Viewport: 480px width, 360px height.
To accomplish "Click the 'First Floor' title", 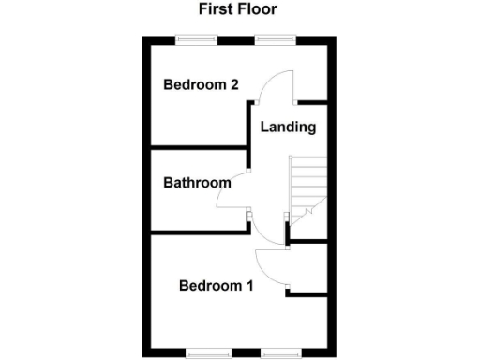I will click(x=237, y=10).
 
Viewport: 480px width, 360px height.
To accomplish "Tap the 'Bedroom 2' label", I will click(x=201, y=84).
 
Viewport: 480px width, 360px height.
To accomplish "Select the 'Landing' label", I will click(x=288, y=127).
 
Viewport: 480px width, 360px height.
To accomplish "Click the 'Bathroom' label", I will click(x=197, y=183).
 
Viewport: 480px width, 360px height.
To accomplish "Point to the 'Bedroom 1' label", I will click(x=217, y=286).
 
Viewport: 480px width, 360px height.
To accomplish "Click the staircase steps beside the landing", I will click(x=307, y=187).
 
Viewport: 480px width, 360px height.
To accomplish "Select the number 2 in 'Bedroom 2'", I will click(x=232, y=84).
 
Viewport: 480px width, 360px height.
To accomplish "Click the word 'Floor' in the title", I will click(x=258, y=10).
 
